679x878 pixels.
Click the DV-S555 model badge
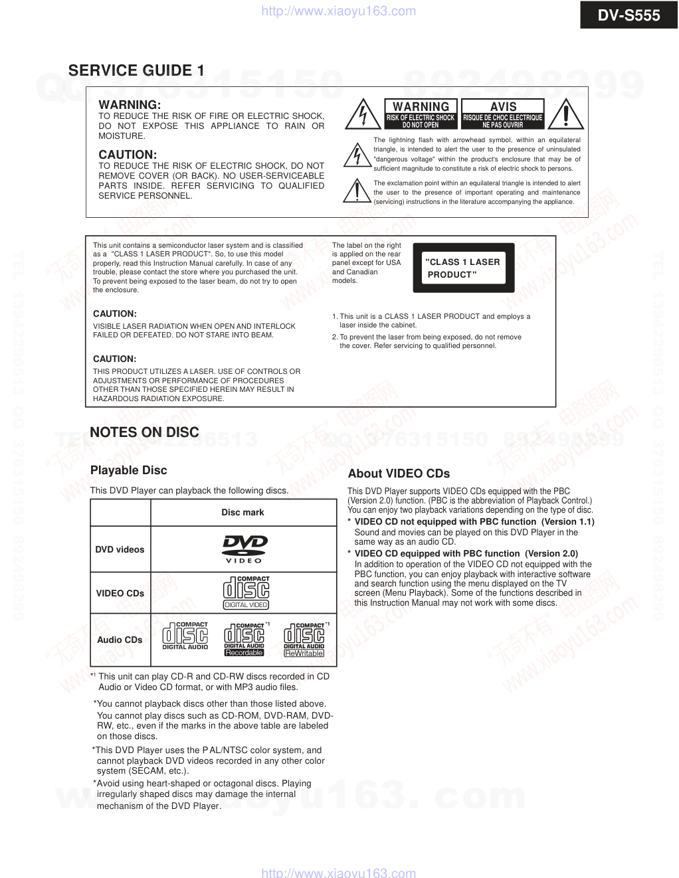click(x=629, y=15)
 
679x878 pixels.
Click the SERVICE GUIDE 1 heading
click(x=136, y=70)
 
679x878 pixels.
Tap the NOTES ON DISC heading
click(x=144, y=432)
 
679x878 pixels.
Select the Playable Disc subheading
click(x=128, y=470)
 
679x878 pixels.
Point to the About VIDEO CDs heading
click(x=399, y=474)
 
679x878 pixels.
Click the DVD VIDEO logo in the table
click(x=244, y=549)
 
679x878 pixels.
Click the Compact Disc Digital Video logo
click(x=246, y=592)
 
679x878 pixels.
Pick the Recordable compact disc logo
click(x=244, y=640)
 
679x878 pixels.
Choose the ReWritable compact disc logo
click(x=304, y=640)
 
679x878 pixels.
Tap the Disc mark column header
click(x=242, y=512)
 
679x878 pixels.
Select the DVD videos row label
click(x=120, y=549)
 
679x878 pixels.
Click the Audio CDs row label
click(x=120, y=640)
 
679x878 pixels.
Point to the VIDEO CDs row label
click(x=120, y=593)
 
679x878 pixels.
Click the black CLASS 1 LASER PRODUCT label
click(x=464, y=268)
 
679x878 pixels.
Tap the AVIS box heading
click(x=503, y=107)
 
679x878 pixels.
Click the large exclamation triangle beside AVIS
click(x=565, y=114)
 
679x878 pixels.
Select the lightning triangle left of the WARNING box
click(x=363, y=114)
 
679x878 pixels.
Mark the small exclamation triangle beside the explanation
click(x=357, y=191)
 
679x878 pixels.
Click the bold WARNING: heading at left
click(x=130, y=105)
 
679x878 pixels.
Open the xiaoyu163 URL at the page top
click(x=339, y=11)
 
